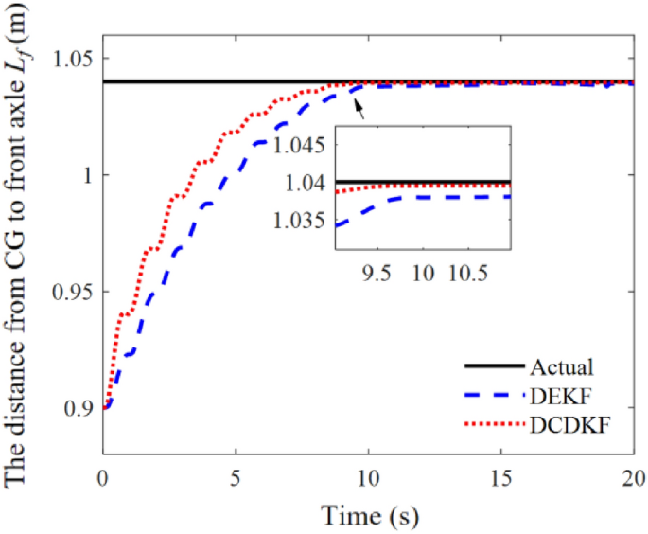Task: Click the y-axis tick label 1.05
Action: click(70, 59)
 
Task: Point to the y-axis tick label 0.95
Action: click(70, 293)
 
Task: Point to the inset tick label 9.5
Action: click(376, 272)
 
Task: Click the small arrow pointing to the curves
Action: click(359, 111)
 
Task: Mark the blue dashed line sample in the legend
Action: click(491, 397)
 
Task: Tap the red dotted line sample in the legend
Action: click(491, 425)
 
